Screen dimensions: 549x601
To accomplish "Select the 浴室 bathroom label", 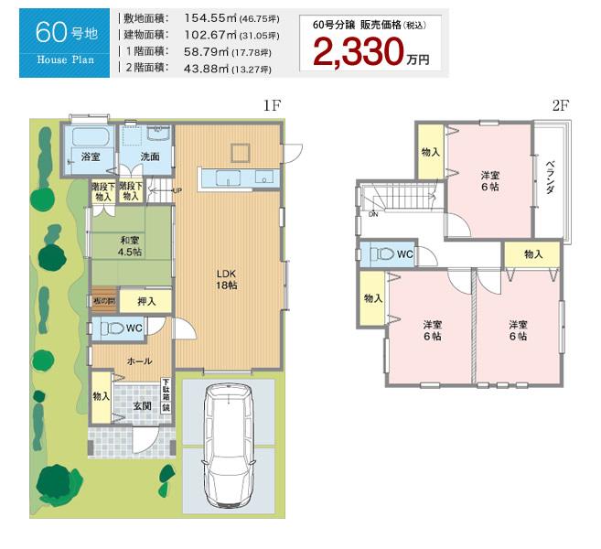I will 90,156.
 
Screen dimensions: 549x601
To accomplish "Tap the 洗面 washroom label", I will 150,156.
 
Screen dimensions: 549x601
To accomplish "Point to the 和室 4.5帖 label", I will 129,246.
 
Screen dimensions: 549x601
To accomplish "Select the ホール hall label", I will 139,361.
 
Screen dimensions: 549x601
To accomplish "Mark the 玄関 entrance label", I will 144,405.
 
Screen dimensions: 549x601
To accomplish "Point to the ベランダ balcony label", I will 550,178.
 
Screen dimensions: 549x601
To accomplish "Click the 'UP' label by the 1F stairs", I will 176,191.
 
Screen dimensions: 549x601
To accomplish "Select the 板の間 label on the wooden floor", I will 102,300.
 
